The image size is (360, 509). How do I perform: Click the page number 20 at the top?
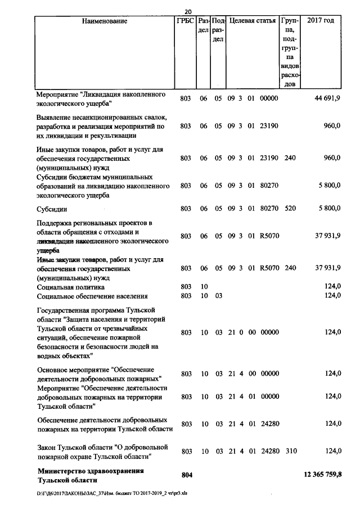point(188,12)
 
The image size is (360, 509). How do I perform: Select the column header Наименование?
point(105,21)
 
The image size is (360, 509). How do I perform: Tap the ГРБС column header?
point(187,21)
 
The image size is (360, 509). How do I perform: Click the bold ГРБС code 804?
point(187,475)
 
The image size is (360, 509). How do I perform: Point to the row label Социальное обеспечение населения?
point(92,296)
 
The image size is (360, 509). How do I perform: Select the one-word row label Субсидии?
point(52,209)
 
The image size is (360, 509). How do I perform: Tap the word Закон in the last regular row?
point(47,447)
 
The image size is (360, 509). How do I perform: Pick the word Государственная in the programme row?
point(67,310)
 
